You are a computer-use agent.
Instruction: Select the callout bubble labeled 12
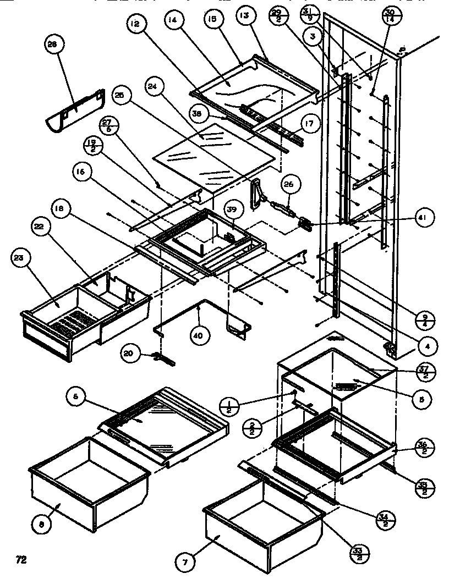pos(135,25)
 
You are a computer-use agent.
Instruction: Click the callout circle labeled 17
pos(309,124)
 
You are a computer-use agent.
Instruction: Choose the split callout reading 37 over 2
pos(426,372)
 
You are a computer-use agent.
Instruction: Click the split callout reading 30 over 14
pos(390,14)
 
